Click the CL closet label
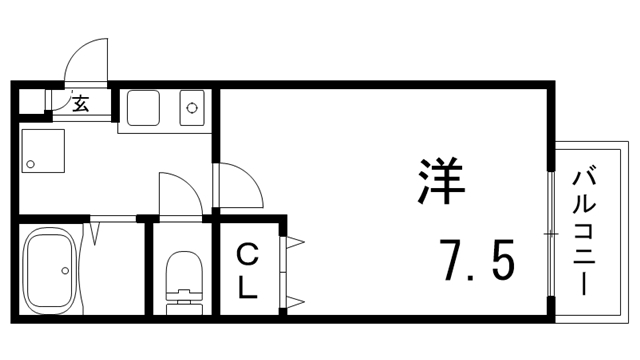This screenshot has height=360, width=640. click(x=246, y=273)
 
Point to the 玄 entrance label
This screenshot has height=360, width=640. click(x=80, y=102)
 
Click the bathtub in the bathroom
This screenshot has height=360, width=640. click(x=51, y=270)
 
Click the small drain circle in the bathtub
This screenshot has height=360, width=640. click(x=65, y=270)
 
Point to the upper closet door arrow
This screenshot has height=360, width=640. click(x=295, y=241)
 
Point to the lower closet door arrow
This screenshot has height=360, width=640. click(x=295, y=300)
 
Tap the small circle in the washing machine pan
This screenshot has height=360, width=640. click(x=31, y=164)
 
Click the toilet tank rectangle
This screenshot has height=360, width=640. click(x=181, y=297)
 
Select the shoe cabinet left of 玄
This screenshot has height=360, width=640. click(x=32, y=101)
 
